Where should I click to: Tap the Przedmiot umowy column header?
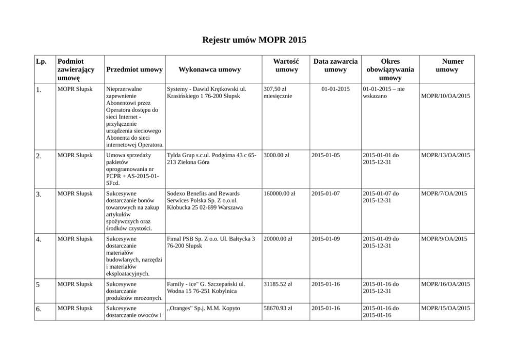tap(134, 69)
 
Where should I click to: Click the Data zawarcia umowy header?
tap(336, 65)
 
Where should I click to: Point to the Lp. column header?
tap(42, 62)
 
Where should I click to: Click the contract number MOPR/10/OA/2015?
tap(445, 96)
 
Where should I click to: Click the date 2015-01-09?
tap(325, 239)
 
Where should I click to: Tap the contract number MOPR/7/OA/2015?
tap(443, 194)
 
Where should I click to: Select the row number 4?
tap(39, 239)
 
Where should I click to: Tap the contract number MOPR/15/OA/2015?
tap(445, 308)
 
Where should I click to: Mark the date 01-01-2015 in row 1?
tap(335, 89)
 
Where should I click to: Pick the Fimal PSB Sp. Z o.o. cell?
tap(211, 242)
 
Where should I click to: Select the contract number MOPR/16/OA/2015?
tap(445, 284)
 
